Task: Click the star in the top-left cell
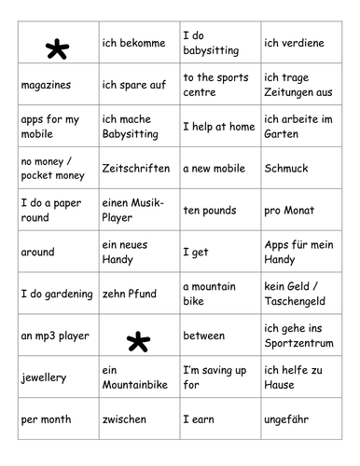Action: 56,51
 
